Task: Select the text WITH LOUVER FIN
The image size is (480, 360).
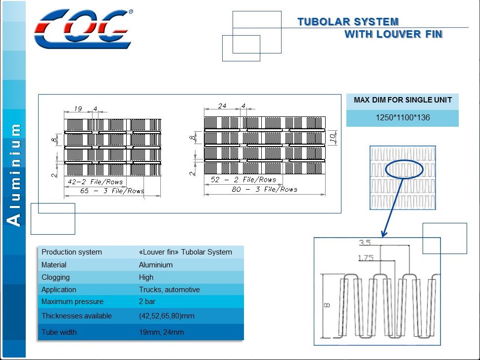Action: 393,34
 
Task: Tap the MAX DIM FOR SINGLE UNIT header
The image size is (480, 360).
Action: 402,100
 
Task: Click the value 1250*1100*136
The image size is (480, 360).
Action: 402,118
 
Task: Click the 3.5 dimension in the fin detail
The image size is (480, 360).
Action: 365,243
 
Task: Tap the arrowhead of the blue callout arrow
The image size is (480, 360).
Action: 384,233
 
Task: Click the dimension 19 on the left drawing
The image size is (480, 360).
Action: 78,109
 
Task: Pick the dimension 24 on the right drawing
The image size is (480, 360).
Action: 222,106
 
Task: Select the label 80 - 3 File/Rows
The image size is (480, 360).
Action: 264,189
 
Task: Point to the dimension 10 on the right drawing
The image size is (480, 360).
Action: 333,135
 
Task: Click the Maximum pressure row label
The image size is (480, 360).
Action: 72,302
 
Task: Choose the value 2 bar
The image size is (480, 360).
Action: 146,302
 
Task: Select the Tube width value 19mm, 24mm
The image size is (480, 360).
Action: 161,332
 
